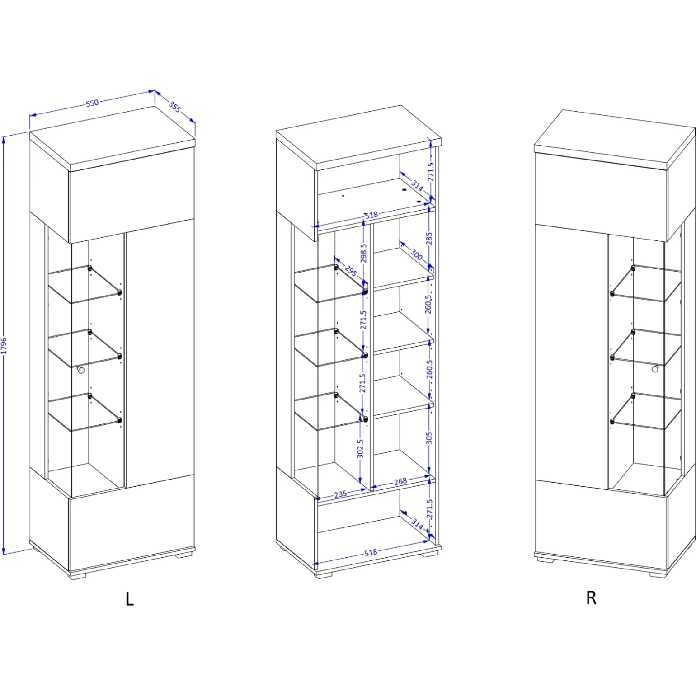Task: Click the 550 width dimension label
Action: pos(92,103)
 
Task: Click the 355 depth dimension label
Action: pos(175,107)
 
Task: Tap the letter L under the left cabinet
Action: pos(130,599)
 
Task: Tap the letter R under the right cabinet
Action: pos(591,597)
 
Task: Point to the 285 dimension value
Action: pos(429,238)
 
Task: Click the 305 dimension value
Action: pos(429,437)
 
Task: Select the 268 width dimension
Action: pos(400,481)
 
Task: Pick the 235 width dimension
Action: pos(341,494)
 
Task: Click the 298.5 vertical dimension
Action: pos(364,253)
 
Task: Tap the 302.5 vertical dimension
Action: pos(360,449)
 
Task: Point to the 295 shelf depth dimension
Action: pos(351,271)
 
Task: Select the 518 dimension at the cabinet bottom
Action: pos(371,552)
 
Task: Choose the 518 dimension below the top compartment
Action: pos(371,215)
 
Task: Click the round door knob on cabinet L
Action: pos(81,370)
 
